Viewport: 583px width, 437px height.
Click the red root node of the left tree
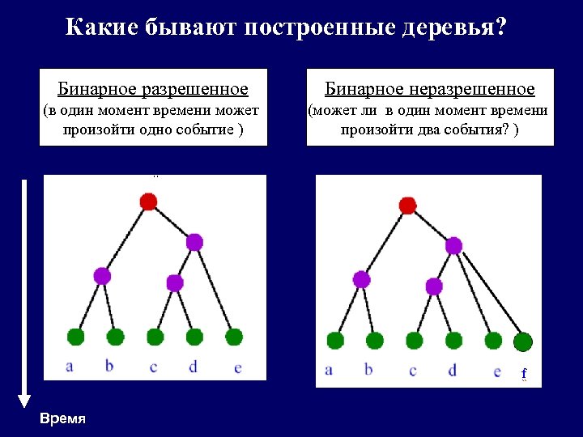(x=148, y=202)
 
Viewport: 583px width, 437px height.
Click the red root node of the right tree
(x=408, y=205)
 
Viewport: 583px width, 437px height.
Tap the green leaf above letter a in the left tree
(x=76, y=336)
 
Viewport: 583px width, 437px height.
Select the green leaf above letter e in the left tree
(x=234, y=336)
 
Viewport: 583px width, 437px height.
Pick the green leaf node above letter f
(x=523, y=342)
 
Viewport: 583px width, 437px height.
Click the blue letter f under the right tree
(x=524, y=373)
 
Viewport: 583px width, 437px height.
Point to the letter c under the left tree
(x=154, y=367)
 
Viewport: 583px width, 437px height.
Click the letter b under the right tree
(x=369, y=370)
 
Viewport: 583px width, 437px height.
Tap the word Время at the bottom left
(x=62, y=418)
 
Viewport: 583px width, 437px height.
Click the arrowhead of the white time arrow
(x=24, y=400)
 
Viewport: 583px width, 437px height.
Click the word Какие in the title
(x=102, y=29)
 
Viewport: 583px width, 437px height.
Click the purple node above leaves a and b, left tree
(x=102, y=275)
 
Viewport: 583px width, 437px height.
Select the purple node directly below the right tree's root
(x=453, y=245)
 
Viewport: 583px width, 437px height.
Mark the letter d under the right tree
(x=452, y=370)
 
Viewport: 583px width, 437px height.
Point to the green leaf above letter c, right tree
(x=414, y=341)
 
